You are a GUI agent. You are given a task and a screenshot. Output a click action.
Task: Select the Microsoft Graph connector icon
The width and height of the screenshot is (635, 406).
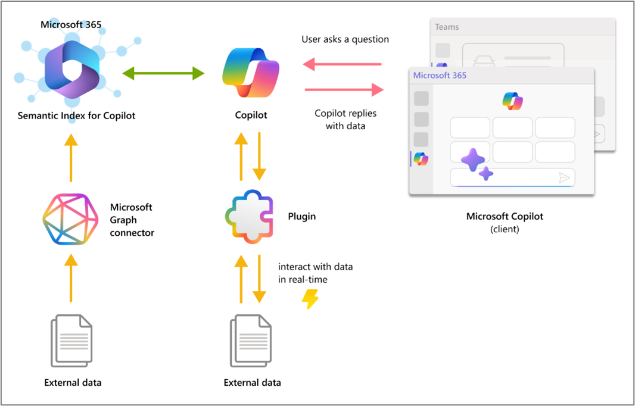(x=70, y=219)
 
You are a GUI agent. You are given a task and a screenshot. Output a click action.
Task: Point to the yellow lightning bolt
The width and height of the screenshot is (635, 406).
(x=310, y=299)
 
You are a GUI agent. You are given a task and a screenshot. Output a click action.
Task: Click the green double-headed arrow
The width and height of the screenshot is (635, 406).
(x=163, y=73)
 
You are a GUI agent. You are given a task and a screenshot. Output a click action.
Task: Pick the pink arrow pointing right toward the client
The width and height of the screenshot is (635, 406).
(x=344, y=90)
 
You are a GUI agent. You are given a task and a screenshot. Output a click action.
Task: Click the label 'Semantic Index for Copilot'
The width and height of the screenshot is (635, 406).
(x=76, y=115)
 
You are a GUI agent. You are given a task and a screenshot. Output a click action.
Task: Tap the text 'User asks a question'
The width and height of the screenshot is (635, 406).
(x=345, y=39)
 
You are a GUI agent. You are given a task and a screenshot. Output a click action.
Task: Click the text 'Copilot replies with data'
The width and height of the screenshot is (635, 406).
(x=345, y=119)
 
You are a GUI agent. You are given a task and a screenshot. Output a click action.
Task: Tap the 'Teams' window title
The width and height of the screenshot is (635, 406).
(x=447, y=27)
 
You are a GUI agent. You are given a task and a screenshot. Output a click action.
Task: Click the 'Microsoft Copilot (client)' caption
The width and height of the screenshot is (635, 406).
(x=505, y=222)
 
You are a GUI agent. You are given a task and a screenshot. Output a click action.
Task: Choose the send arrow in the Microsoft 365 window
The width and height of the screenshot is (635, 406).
(x=564, y=177)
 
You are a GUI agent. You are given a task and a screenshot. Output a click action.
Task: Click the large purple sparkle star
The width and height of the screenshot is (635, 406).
(x=473, y=159)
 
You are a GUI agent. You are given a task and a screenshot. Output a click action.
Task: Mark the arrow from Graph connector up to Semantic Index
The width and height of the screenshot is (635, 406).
(x=71, y=158)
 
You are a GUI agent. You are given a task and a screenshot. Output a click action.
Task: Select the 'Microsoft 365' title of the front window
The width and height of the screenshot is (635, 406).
(x=440, y=76)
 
